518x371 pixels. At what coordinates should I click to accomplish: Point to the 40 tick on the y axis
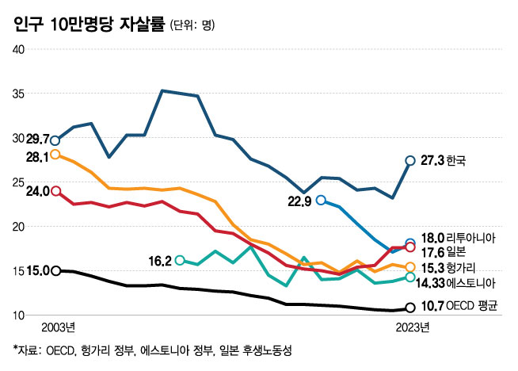[x=20, y=49]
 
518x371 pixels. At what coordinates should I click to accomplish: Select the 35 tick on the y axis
[x=20, y=94]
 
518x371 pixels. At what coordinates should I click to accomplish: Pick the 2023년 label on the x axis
[x=412, y=326]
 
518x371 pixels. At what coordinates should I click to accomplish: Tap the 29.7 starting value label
[x=36, y=138]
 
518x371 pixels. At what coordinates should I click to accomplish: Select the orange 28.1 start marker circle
[x=55, y=155]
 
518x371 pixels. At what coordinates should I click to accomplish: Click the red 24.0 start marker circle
[x=55, y=191]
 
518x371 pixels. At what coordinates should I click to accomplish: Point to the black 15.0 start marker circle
[x=55, y=271]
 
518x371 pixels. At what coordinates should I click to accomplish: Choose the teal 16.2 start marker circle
[x=180, y=260]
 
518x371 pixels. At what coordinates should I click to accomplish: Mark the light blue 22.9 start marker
[x=321, y=200]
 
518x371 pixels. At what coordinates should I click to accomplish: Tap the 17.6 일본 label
[x=444, y=250]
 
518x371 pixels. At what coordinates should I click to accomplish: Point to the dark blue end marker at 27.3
[x=410, y=161]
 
